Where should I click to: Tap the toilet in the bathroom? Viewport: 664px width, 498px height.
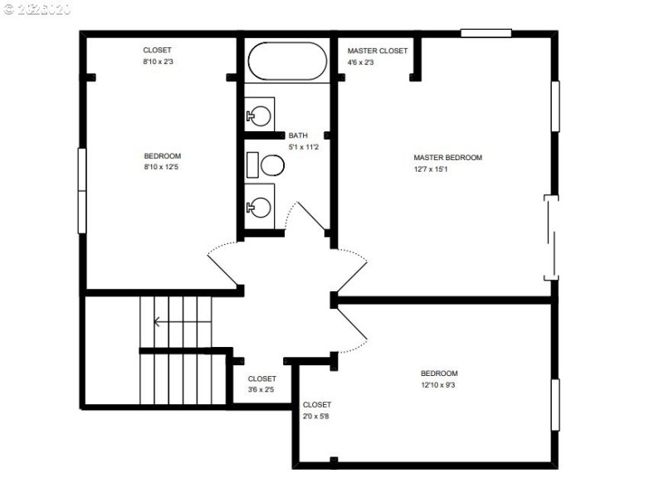coord(268,165)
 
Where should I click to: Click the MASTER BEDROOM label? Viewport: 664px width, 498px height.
coord(447,158)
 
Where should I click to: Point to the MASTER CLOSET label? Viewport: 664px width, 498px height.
coord(378,51)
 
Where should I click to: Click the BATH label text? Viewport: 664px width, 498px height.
coord(298,135)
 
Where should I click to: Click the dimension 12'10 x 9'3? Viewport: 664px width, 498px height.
coord(439,385)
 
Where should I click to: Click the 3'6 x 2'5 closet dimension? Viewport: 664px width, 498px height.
coord(261,389)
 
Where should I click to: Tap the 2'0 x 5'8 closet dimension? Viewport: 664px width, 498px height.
coord(317,416)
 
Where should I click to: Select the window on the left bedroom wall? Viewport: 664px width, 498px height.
coord(82,190)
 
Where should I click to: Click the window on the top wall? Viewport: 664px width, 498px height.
coord(486,33)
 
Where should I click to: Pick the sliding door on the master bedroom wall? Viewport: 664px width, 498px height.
coord(551,237)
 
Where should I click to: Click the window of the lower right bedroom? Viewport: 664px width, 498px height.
coord(555,404)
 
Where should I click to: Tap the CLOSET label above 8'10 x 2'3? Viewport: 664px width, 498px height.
coord(157,51)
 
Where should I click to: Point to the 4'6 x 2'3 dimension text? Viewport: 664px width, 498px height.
coord(361,61)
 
